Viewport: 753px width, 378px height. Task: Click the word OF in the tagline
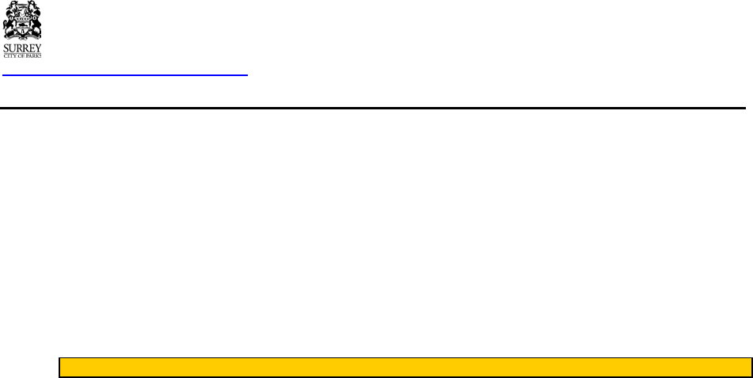tap(21, 55)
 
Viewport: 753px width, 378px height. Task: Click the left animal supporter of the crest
tap(10, 24)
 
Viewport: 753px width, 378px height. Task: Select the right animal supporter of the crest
tap(36, 24)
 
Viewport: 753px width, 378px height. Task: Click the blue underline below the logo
tap(125, 75)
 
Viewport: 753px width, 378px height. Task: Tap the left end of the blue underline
tap(3, 75)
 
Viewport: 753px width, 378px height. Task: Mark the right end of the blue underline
tap(246, 75)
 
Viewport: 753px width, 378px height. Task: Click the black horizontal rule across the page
tap(372, 107)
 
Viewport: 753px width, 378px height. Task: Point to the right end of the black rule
tap(743, 107)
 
